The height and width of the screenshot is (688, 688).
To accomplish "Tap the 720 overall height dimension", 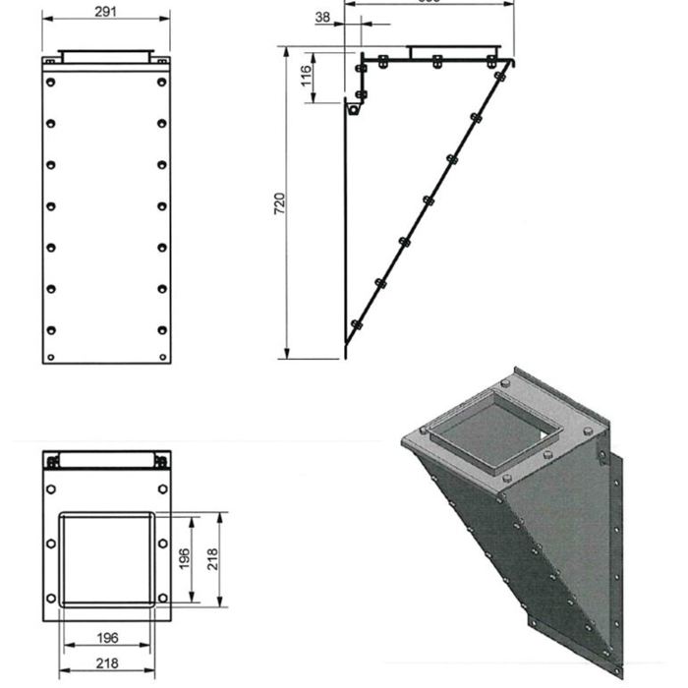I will point(279,203).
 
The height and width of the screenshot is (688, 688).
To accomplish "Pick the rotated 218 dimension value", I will point(212,559).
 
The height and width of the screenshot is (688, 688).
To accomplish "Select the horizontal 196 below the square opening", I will point(108,638).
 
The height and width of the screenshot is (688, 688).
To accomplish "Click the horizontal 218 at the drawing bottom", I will point(108,663).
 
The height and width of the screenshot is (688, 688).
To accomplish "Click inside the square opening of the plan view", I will point(106,558).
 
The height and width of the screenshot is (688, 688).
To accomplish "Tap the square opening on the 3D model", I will point(487,430).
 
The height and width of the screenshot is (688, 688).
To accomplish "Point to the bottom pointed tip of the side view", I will point(346,345).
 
